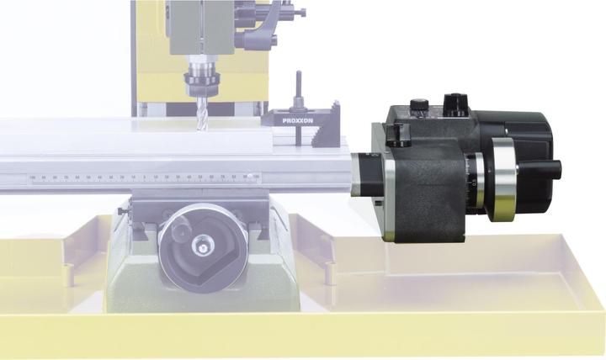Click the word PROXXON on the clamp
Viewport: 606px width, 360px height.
coord(297,120)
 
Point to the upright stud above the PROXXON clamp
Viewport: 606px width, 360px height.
coord(297,91)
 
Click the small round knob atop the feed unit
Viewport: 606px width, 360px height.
coord(419,106)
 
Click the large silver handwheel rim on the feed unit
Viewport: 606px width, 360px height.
coord(503,180)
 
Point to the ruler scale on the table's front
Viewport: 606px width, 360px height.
coord(143,177)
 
